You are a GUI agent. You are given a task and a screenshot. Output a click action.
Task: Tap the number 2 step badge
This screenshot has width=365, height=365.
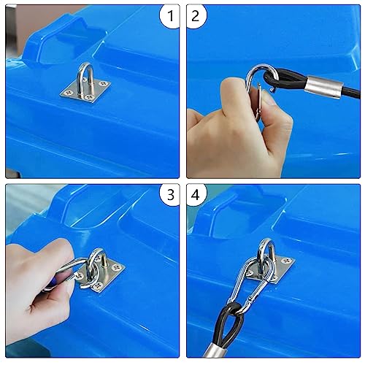(x=197, y=15)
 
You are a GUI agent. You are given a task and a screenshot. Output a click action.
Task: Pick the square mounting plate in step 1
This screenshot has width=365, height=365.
(x=82, y=93)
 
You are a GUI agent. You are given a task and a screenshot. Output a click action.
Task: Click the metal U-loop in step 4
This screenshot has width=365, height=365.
(x=267, y=252)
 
